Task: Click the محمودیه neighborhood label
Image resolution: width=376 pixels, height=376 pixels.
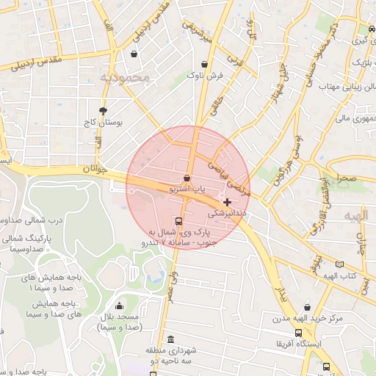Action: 124,76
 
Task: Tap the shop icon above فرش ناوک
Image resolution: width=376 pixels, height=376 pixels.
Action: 203,64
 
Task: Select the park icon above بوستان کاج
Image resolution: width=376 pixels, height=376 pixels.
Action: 102,110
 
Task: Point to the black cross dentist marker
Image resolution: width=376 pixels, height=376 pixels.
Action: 228,202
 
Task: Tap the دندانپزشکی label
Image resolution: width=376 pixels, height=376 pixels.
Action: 228,214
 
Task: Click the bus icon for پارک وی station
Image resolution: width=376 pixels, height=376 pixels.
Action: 178,221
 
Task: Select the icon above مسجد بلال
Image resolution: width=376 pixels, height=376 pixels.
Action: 120,306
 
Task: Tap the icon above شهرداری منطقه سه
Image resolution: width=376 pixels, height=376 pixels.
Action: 171,340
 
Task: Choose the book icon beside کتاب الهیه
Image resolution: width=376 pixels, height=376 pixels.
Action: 339,264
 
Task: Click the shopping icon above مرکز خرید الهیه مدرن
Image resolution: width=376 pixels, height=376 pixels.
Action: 306,308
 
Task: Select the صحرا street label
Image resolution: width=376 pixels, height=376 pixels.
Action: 347,178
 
